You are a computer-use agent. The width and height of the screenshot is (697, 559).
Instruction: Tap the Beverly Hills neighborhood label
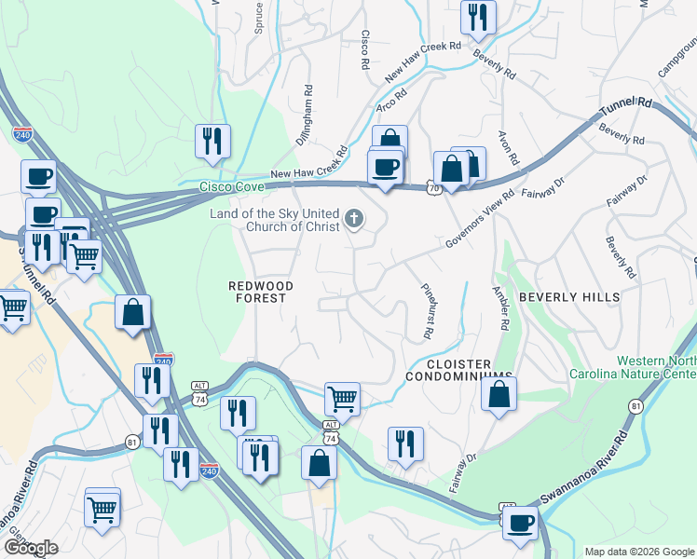tap(568, 296)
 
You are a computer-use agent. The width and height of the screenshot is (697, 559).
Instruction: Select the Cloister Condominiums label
tap(458, 370)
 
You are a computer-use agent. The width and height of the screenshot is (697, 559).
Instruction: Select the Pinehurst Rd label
tap(428, 310)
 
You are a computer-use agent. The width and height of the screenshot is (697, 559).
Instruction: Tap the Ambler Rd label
tap(504, 307)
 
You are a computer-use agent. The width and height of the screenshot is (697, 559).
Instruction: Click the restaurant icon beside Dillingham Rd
tap(212, 141)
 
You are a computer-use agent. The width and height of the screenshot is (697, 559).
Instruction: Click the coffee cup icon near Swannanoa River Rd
tap(521, 522)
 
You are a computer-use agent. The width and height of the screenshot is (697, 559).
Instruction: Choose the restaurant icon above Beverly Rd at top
tap(477, 16)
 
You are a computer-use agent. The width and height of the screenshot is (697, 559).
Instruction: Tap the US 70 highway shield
tap(434, 187)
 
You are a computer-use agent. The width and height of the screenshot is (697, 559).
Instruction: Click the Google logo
tap(31, 548)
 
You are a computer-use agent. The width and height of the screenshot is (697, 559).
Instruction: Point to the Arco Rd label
tap(392, 96)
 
